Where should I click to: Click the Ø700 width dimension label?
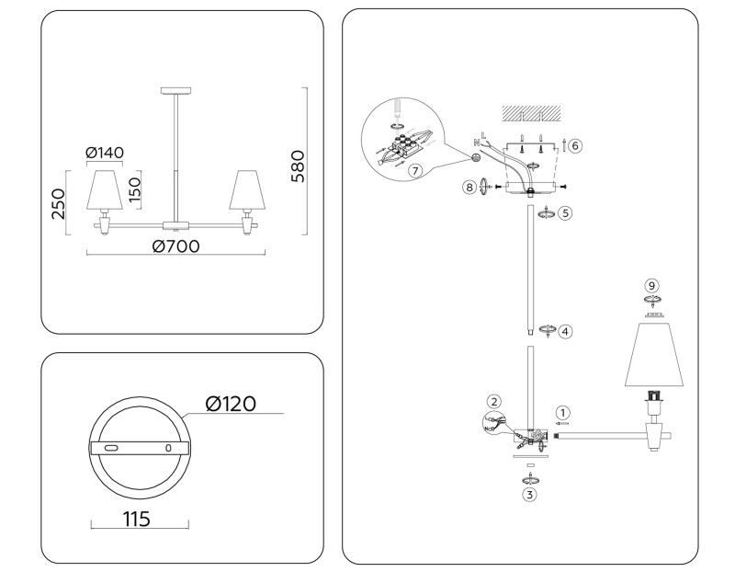176,246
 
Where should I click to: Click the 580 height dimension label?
296,166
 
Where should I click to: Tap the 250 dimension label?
57,202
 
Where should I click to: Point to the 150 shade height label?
134,189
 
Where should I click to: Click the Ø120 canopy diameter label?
230,404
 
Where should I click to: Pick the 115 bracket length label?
136,519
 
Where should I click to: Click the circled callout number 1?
562,412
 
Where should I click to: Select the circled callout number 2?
494,401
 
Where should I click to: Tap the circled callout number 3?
529,494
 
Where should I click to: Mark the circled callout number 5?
566,213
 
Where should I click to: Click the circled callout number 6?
574,145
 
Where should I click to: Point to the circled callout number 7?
415,170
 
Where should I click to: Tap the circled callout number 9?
652,286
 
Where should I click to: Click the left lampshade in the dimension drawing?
104,189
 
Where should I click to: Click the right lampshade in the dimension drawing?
245,189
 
